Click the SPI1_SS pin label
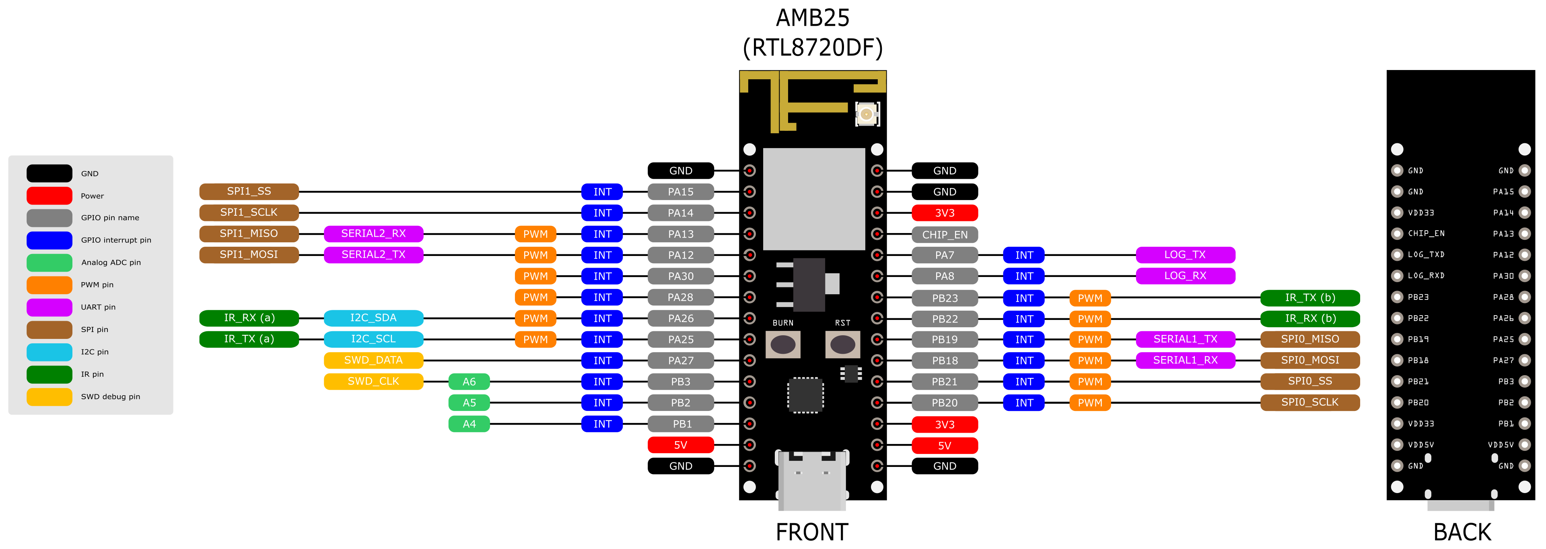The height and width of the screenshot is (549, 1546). click(x=249, y=192)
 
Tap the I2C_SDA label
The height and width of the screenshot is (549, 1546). click(x=373, y=318)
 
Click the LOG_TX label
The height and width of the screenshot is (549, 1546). click(x=1185, y=255)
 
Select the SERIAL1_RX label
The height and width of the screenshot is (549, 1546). click(x=1185, y=360)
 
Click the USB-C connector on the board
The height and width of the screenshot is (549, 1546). click(x=812, y=481)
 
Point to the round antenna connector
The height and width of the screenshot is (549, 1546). click(x=867, y=114)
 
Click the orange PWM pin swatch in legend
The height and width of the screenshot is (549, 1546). click(x=49, y=285)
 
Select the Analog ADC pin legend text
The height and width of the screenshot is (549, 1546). click(x=111, y=262)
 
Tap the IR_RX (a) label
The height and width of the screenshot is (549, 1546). click(x=249, y=318)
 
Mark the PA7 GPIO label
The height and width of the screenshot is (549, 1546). click(x=945, y=255)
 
